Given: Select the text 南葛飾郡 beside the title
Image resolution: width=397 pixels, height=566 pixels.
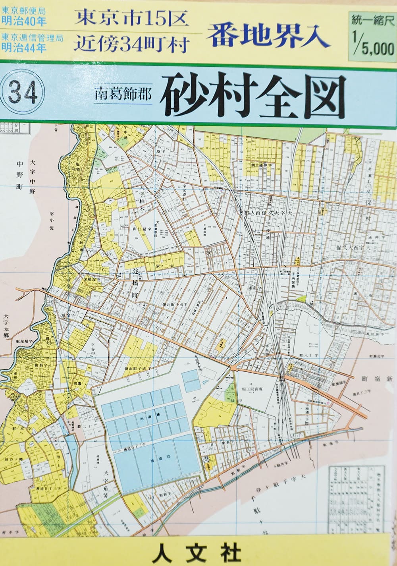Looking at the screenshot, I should (123, 96).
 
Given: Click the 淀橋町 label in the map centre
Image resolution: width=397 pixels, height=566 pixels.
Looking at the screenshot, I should (135, 284).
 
